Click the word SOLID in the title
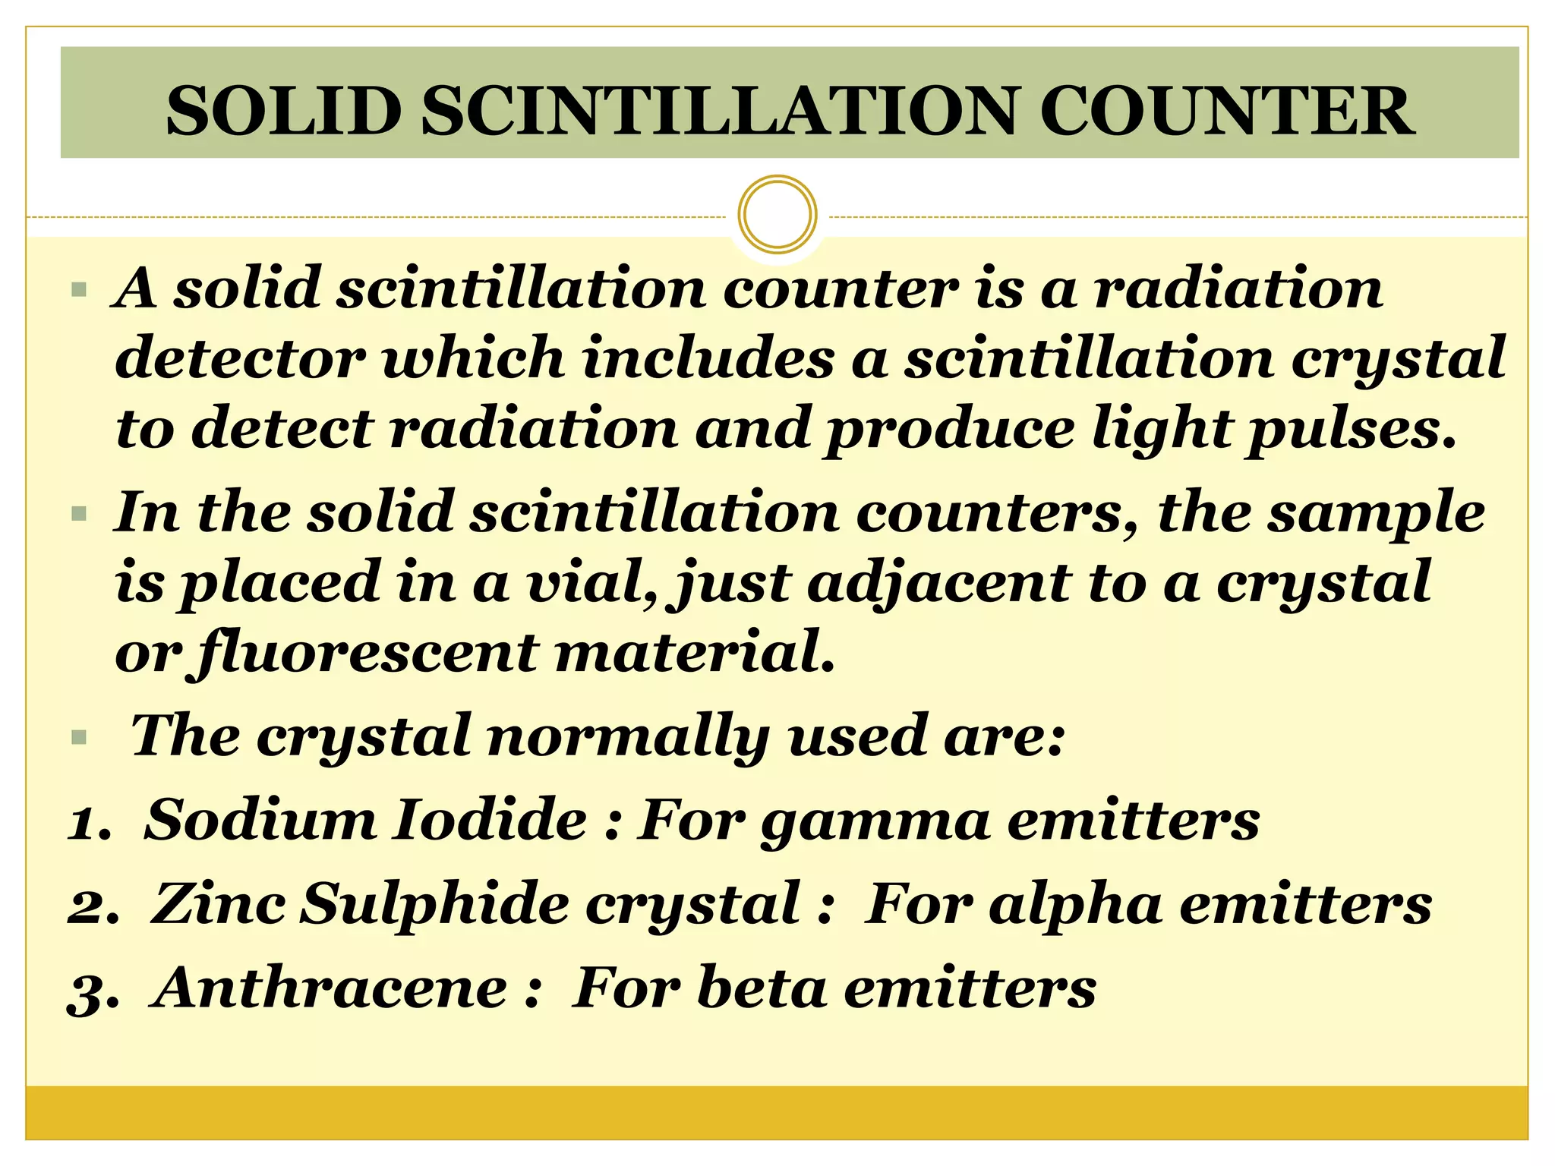pos(283,112)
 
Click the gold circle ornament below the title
pos(777,214)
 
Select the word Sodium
pos(260,821)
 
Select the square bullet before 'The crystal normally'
pos(78,738)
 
